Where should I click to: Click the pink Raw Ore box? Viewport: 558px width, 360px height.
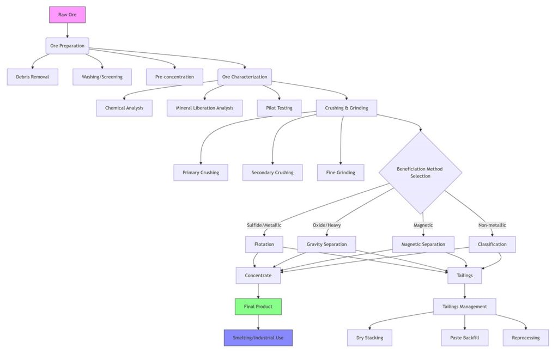pyautogui.click(x=67, y=15)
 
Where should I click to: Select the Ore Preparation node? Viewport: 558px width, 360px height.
pyautogui.click(x=67, y=46)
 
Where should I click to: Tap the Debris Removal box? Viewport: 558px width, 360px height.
pyautogui.click(x=32, y=77)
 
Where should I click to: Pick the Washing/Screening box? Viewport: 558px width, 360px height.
pyautogui.click(x=102, y=77)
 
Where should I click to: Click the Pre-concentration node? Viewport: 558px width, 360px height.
pyautogui.click(x=174, y=77)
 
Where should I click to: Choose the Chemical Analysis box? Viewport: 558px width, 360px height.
pyautogui.click(x=124, y=108)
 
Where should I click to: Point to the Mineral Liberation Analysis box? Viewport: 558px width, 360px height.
pyautogui.click(x=204, y=108)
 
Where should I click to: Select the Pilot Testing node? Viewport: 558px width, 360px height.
pyautogui.click(x=279, y=108)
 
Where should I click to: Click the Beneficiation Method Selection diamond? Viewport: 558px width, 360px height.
pyautogui.click(x=420, y=173)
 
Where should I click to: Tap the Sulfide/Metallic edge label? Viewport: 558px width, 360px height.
pyautogui.click(x=264, y=225)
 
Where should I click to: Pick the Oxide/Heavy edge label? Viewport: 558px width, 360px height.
pyautogui.click(x=326, y=225)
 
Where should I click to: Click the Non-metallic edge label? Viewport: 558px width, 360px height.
pyautogui.click(x=492, y=225)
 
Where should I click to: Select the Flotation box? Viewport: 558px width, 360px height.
pyautogui.click(x=264, y=245)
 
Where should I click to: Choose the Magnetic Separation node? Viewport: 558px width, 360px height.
pyautogui.click(x=423, y=245)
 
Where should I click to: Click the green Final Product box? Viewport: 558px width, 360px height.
pyautogui.click(x=258, y=307)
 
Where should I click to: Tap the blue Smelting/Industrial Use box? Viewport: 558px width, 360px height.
pyautogui.click(x=258, y=338)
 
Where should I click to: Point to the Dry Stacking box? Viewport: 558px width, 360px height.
pyautogui.click(x=369, y=338)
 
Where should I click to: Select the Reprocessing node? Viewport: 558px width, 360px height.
pyautogui.click(x=526, y=338)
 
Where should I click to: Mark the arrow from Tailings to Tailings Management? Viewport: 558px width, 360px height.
pyautogui.click(x=464, y=291)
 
